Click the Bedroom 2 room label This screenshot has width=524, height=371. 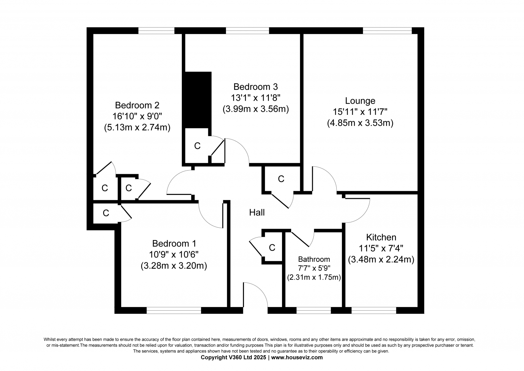pyautogui.click(x=137, y=105)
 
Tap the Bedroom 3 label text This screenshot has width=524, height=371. pyautogui.click(x=255, y=87)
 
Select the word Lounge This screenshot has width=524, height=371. pyautogui.click(x=360, y=101)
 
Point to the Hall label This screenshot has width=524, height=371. pyautogui.click(x=257, y=213)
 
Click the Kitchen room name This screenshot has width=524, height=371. pyautogui.click(x=381, y=237)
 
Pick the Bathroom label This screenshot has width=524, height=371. pyautogui.click(x=314, y=259)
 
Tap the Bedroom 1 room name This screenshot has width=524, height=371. pyautogui.click(x=174, y=243)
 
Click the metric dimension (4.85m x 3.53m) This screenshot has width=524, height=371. pyautogui.click(x=360, y=123)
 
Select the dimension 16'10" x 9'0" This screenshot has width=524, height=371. pyautogui.click(x=137, y=116)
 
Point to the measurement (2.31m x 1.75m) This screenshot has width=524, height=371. pyautogui.click(x=314, y=277)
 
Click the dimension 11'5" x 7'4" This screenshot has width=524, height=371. pyautogui.click(x=381, y=248)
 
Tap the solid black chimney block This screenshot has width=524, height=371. pyautogui.click(x=198, y=100)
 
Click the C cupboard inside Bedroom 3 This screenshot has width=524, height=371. pyautogui.click(x=197, y=146)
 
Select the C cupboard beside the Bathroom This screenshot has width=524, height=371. pyautogui.click(x=272, y=247)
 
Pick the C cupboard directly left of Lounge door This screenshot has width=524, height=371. pyautogui.click(x=281, y=179)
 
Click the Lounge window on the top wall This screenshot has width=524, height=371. pyautogui.click(x=387, y=31)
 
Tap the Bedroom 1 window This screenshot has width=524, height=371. pyautogui.click(x=174, y=311)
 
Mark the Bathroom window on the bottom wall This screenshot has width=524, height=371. pyautogui.click(x=314, y=311)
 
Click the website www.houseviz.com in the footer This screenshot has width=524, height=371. pyautogui.click(x=297, y=358)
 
